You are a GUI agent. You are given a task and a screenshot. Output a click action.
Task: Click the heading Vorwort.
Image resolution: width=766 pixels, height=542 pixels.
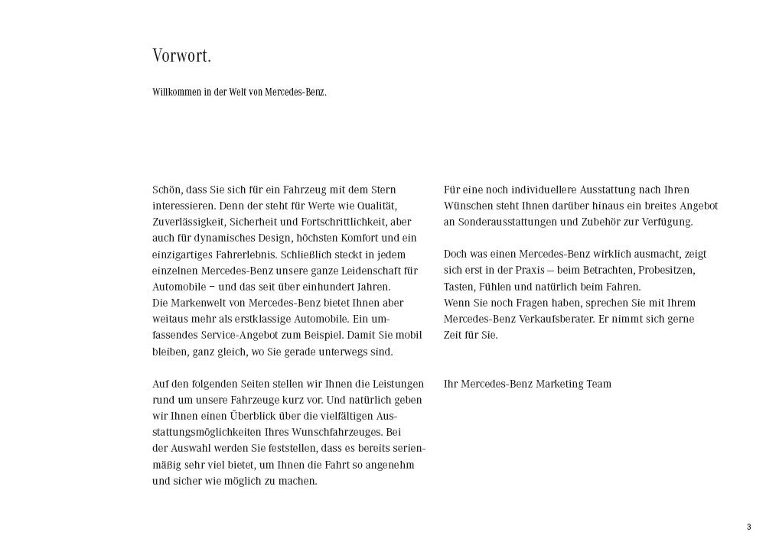click(181, 57)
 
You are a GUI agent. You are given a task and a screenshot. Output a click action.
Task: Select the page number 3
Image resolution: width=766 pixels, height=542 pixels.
click(748, 527)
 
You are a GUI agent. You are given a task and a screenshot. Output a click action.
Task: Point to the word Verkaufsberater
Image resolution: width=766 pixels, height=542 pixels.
click(550, 319)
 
